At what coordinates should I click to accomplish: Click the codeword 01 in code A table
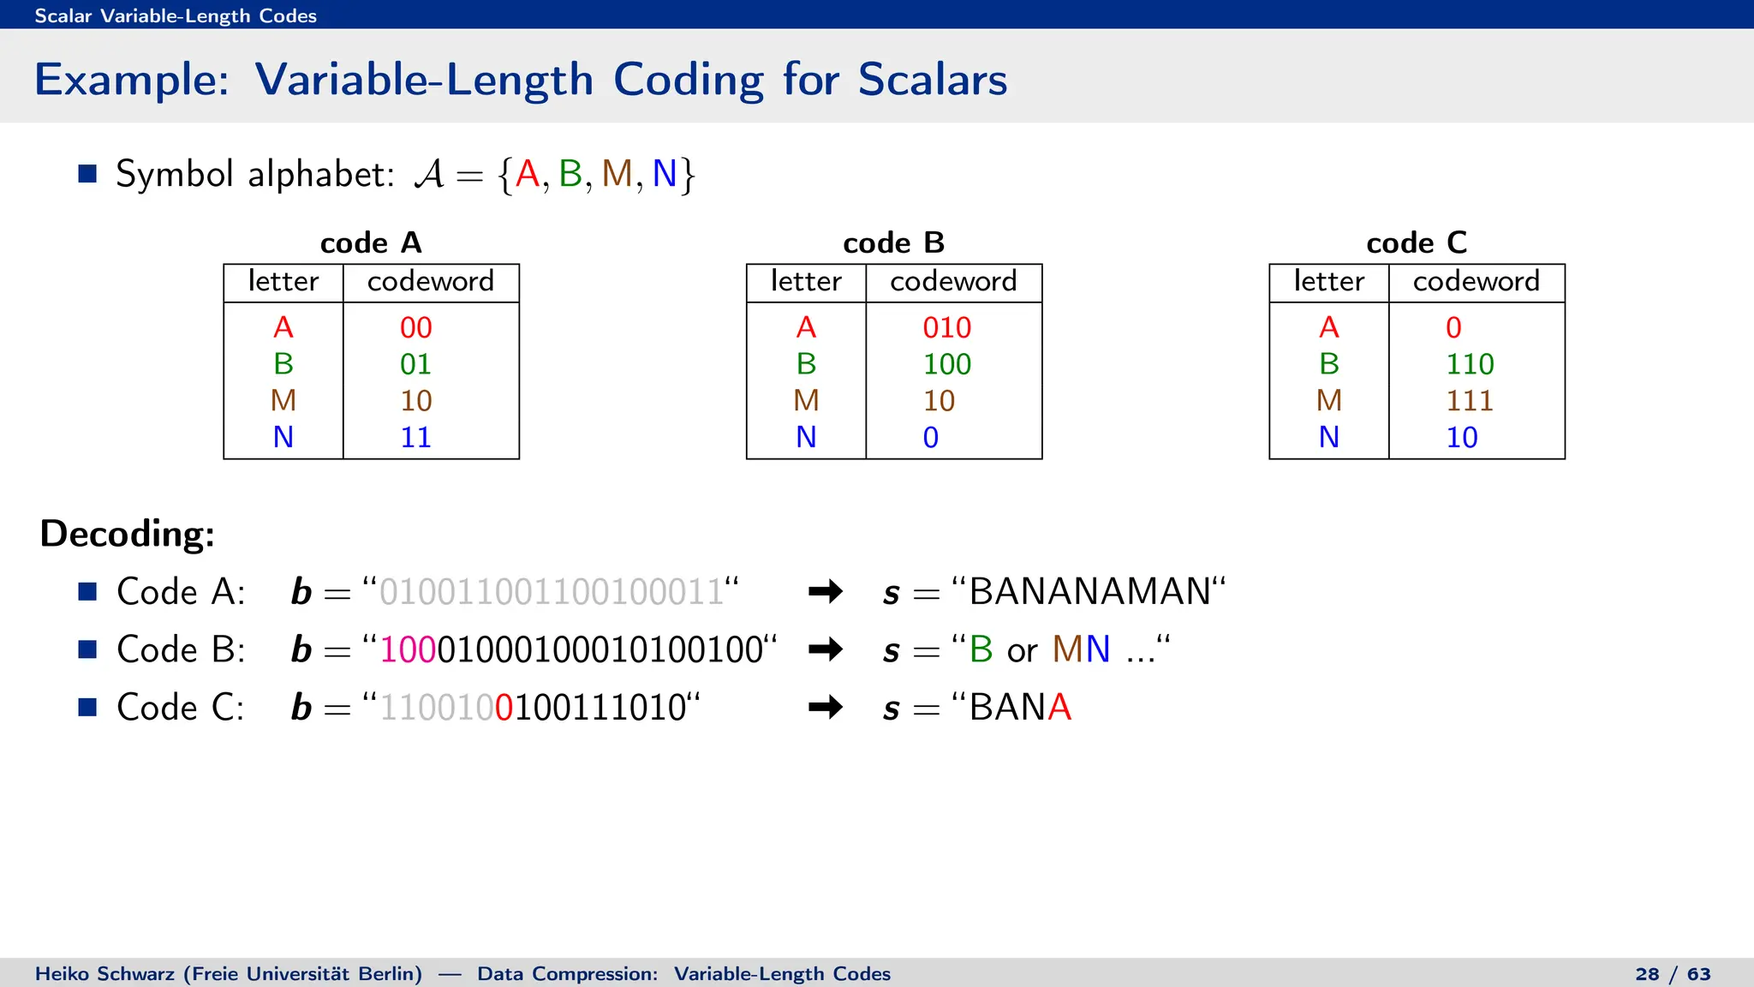(415, 364)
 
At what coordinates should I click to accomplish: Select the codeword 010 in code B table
(946, 327)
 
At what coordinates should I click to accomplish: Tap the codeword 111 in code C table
(1470, 401)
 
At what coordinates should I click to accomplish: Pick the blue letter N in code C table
(1328, 438)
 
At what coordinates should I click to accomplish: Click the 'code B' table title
(893, 243)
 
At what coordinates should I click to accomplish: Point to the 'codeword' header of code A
(431, 282)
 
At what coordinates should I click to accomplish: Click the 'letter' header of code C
(1328, 282)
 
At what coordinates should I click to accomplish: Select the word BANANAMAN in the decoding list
(1089, 592)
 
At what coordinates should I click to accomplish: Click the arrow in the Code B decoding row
(826, 649)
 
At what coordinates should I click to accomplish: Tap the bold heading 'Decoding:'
(128, 534)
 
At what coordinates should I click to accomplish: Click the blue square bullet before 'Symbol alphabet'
(87, 174)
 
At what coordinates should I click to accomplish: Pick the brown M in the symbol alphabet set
(617, 174)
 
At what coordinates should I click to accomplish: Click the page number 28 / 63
(1673, 974)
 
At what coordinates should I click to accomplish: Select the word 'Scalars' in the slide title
(933, 80)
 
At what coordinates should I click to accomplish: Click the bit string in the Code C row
(533, 708)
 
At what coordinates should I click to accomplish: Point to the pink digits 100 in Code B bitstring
(408, 649)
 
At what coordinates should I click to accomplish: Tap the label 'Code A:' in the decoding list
(181, 592)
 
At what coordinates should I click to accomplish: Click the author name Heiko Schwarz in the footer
(104, 974)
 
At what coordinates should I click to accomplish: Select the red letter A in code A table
(283, 327)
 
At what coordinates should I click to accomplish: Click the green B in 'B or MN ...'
(981, 649)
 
